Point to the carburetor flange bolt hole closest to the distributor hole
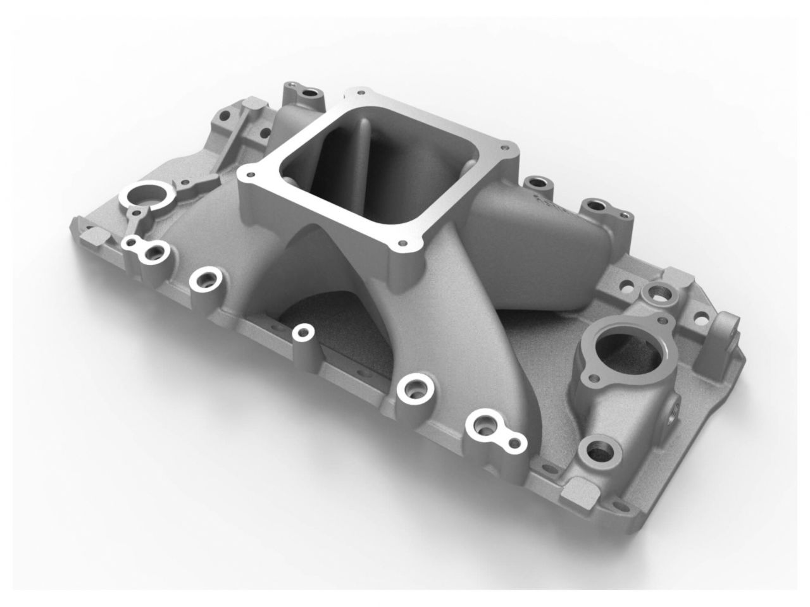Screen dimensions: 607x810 pos(249,171)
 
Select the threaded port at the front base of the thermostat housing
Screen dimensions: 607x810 pos(598,451)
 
